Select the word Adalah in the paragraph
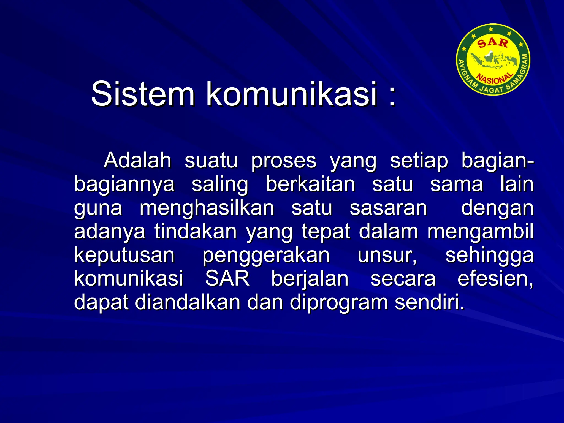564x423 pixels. [137, 160]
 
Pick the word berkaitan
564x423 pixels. [310, 184]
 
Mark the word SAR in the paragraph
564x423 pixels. [227, 279]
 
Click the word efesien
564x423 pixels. [495, 279]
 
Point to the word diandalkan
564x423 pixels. [188, 302]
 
